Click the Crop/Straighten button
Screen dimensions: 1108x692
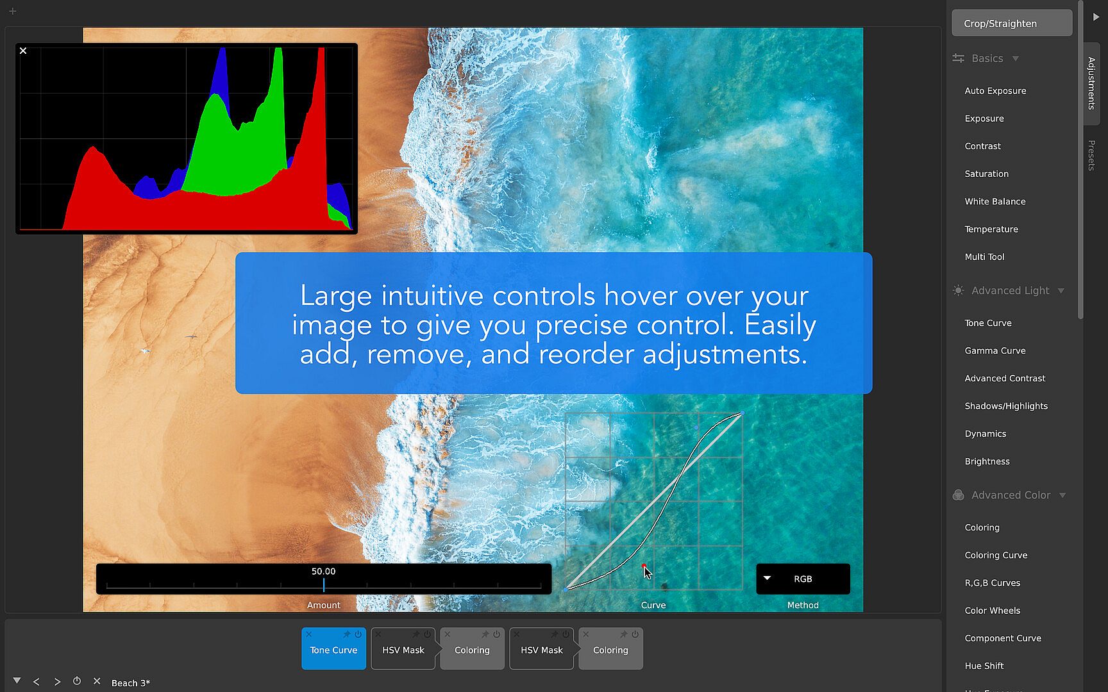pyautogui.click(x=1012, y=23)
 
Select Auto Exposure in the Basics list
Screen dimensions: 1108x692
pyautogui.click(x=995, y=91)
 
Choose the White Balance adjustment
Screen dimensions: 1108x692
pyautogui.click(x=995, y=201)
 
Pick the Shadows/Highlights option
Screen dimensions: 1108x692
pyautogui.click(x=1006, y=406)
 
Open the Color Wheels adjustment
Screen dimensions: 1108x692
pyautogui.click(x=993, y=611)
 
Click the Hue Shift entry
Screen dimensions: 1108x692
pyautogui.click(x=984, y=666)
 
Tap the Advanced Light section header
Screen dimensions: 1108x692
pyautogui.click(x=1010, y=290)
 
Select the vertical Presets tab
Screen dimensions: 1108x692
pyautogui.click(x=1091, y=155)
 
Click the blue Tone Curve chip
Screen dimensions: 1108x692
pyautogui.click(x=333, y=648)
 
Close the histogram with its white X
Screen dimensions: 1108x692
pyautogui.click(x=23, y=51)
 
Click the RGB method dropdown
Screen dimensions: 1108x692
pyautogui.click(x=803, y=579)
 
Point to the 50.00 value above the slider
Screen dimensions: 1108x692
pyautogui.click(x=323, y=571)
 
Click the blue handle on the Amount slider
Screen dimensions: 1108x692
pyautogui.click(x=324, y=584)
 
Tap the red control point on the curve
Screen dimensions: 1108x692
pyautogui.click(x=643, y=566)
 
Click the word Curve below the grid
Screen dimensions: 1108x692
pyautogui.click(x=653, y=605)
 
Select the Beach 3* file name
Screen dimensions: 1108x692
pyautogui.click(x=131, y=683)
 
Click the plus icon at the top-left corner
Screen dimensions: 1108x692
pyautogui.click(x=12, y=11)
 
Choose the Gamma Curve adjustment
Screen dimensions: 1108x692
pyautogui.click(x=995, y=350)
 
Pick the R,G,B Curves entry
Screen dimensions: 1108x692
pyautogui.click(x=993, y=583)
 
